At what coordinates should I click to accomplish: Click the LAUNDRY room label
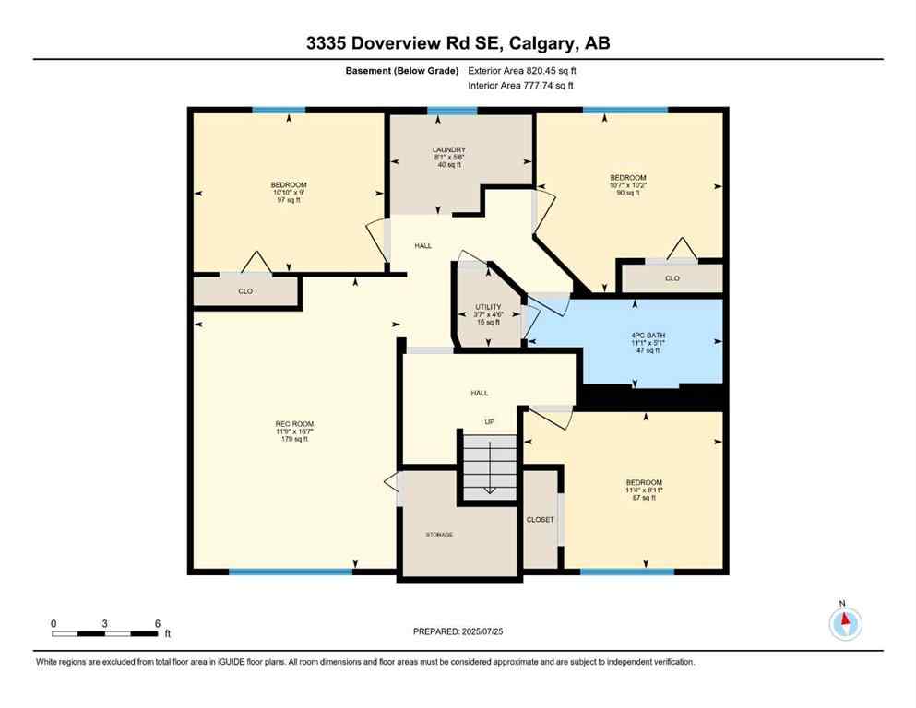[x=449, y=149]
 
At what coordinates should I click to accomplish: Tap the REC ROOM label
[x=293, y=424]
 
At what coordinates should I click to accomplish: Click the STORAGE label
[x=439, y=535]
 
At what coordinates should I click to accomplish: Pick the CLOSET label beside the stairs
[x=541, y=520]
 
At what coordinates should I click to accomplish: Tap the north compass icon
[x=845, y=623]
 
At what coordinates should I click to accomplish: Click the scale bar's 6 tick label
[x=158, y=623]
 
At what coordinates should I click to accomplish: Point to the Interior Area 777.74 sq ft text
[x=521, y=86]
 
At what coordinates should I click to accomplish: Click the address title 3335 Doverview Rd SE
[x=458, y=42]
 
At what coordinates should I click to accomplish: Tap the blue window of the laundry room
[x=452, y=111]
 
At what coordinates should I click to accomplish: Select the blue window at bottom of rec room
[x=291, y=572]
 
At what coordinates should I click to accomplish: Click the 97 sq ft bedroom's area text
[x=289, y=200]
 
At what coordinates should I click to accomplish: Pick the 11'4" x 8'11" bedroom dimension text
[x=643, y=490]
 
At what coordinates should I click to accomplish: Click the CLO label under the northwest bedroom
[x=245, y=291]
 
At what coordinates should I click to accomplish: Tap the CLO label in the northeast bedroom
[x=672, y=277]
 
